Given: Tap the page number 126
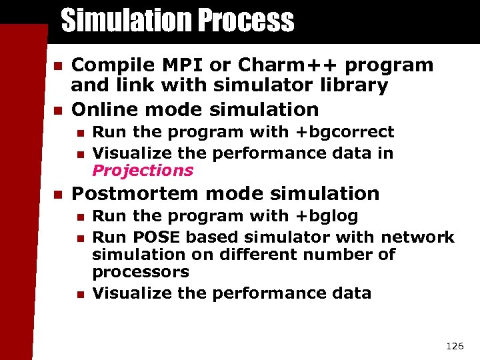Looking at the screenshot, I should [x=454, y=345].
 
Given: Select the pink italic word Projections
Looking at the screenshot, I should [x=143, y=171].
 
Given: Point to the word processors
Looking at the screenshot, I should [x=141, y=272].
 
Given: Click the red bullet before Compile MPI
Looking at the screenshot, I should [x=57, y=66].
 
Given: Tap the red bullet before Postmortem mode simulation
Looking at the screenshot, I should [x=57, y=195].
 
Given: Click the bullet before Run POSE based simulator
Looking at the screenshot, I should [x=80, y=238].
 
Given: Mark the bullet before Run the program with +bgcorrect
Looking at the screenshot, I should [x=80, y=133].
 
